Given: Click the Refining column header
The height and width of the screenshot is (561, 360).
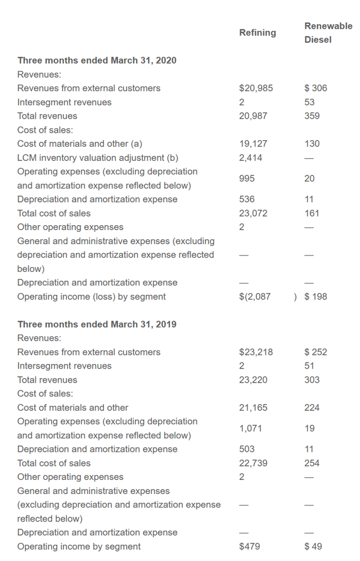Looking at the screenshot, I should pos(257,33).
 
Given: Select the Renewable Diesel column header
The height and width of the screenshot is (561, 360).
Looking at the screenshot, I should pos(328,33).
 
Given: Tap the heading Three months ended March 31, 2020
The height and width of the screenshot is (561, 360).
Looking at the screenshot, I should pos(97,60).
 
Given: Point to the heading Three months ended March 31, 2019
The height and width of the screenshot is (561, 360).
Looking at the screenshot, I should pos(97,324).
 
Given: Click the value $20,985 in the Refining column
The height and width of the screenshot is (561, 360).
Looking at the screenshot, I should pos(256,88).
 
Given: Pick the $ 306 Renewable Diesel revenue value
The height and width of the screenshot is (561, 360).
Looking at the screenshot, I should pos(316,88).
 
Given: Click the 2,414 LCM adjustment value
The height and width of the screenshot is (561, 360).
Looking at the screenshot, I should pos(250,158).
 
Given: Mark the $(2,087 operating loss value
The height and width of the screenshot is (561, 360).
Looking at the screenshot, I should pos(255,297).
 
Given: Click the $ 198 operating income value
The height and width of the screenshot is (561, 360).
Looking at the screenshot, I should pos(316,297).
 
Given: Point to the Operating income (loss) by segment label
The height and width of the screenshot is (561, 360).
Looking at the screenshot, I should pos(91,297).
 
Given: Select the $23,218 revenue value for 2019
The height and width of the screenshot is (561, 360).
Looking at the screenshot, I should pos(256,352).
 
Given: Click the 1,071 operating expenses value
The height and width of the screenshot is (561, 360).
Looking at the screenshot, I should pos(250,429).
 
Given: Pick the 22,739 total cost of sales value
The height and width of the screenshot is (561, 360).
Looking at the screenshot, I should pos(253,463).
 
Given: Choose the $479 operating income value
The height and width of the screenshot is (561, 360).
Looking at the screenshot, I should pos(249,546).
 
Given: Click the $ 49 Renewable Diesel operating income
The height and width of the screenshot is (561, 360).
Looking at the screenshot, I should pos(313,546).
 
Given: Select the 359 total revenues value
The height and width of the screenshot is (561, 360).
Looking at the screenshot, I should pos(312,116).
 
